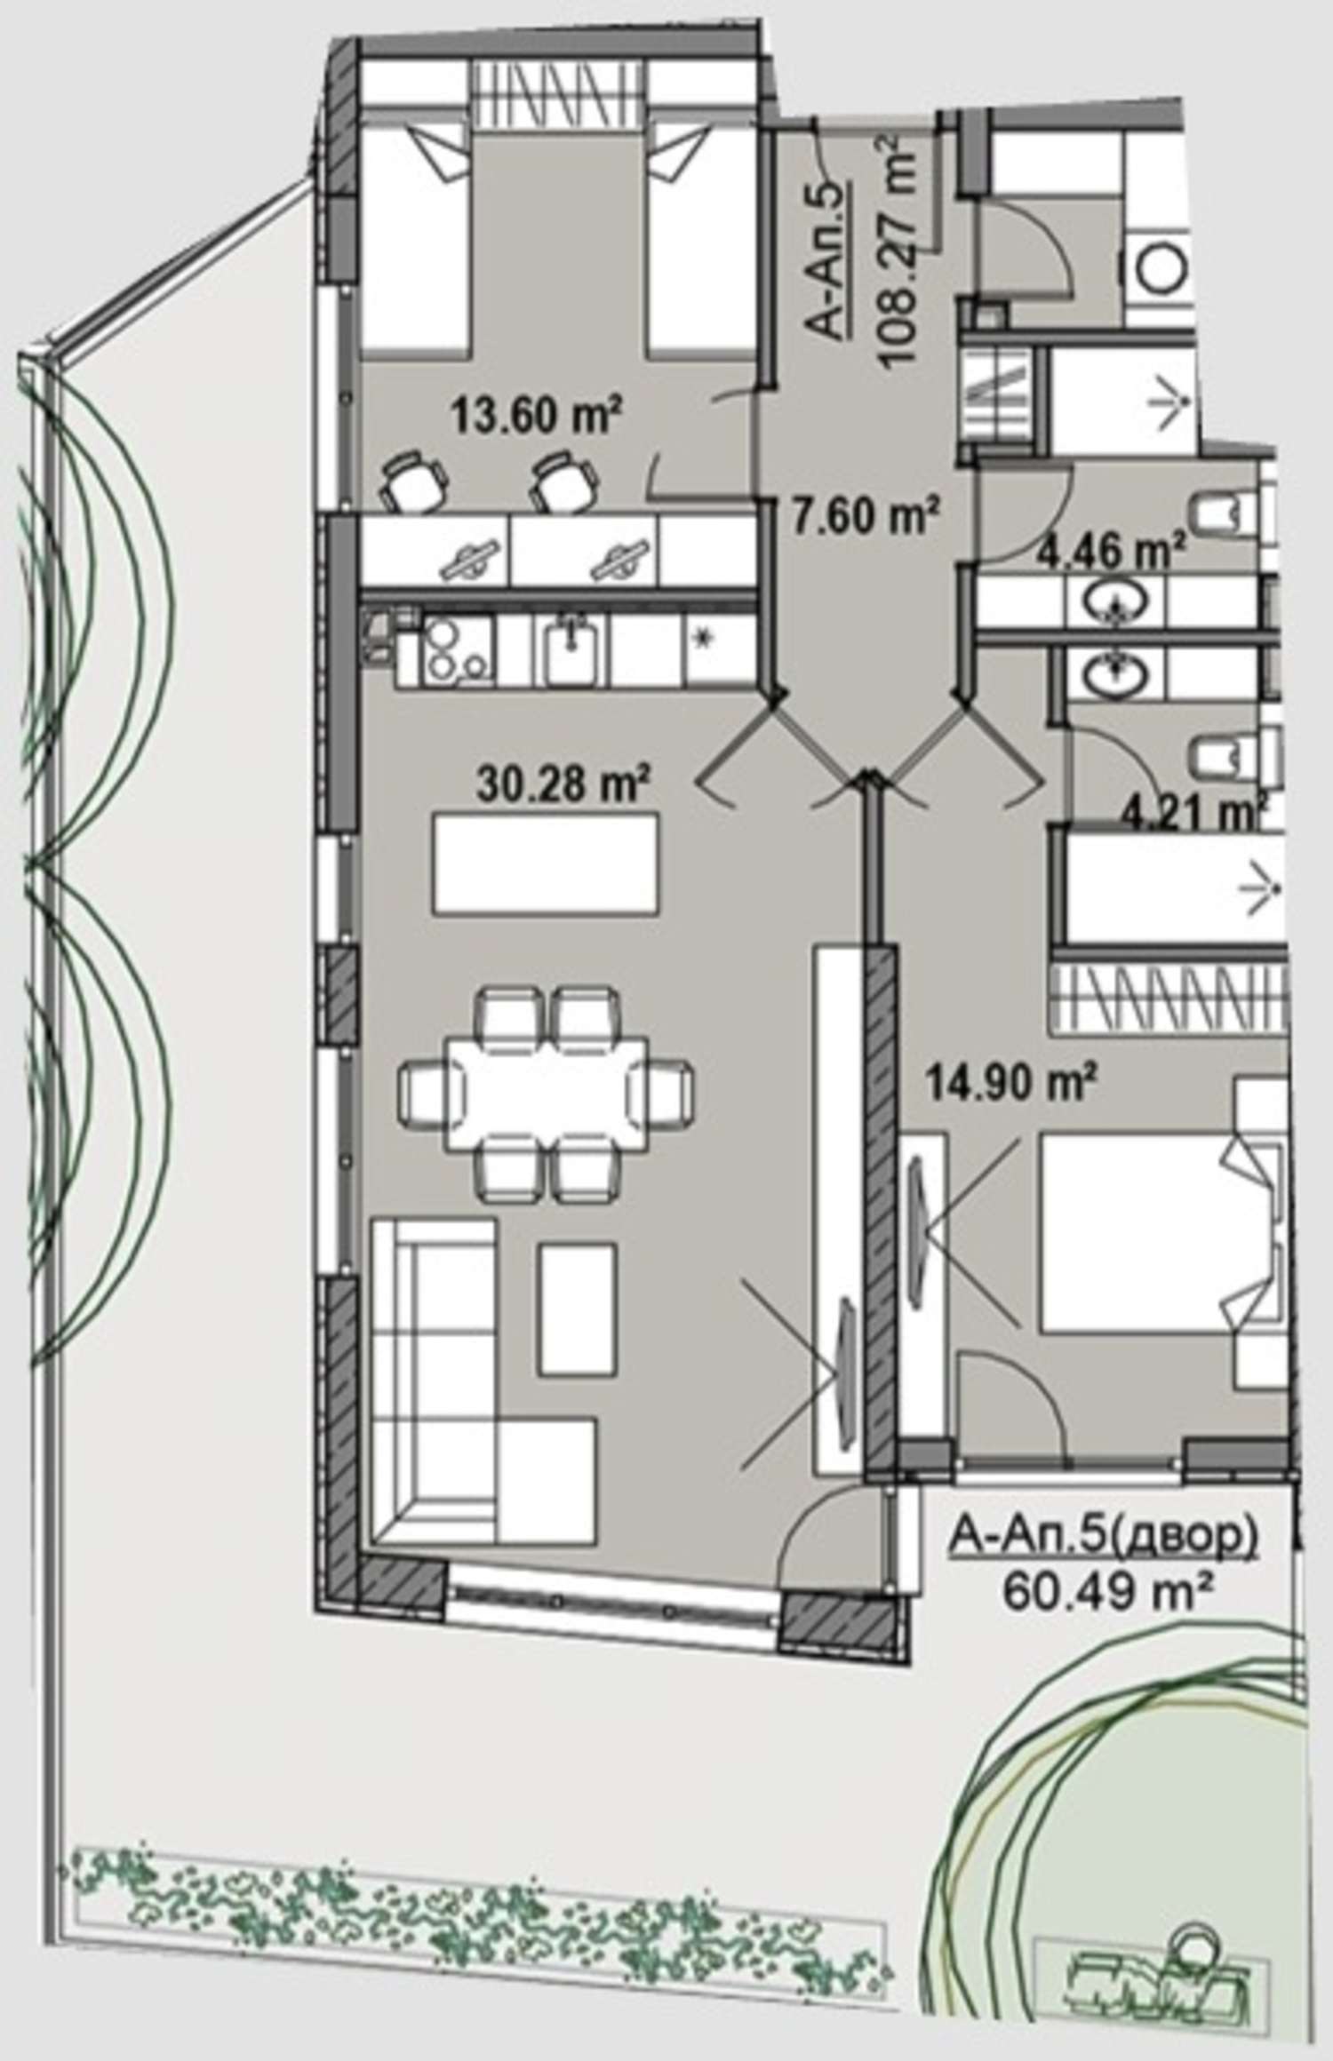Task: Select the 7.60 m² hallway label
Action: (864, 515)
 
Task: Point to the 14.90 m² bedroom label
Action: (1010, 1082)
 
